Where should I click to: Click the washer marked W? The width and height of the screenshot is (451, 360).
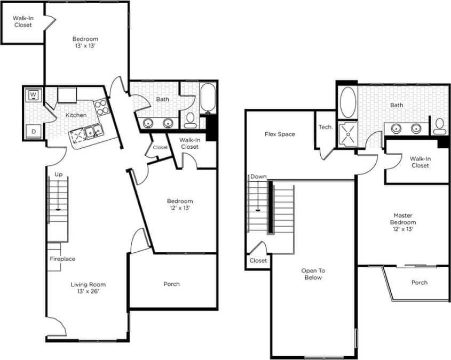33,95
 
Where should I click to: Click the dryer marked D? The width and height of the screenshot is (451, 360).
33,130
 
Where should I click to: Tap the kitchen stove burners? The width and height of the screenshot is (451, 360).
101,107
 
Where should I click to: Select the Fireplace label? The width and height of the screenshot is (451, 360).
62,259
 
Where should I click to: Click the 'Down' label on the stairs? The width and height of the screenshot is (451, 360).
258,177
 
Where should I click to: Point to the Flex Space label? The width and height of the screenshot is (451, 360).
280,134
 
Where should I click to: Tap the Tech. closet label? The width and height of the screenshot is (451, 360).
326,127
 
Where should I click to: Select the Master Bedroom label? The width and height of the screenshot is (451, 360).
402,222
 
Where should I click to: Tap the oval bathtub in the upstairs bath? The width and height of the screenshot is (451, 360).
349,102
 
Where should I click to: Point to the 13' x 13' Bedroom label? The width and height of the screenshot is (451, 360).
85,43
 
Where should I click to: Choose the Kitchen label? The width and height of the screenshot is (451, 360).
76,115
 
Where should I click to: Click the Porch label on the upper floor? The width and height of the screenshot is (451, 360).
420,283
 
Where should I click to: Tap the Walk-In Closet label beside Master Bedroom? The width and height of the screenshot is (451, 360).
420,162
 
